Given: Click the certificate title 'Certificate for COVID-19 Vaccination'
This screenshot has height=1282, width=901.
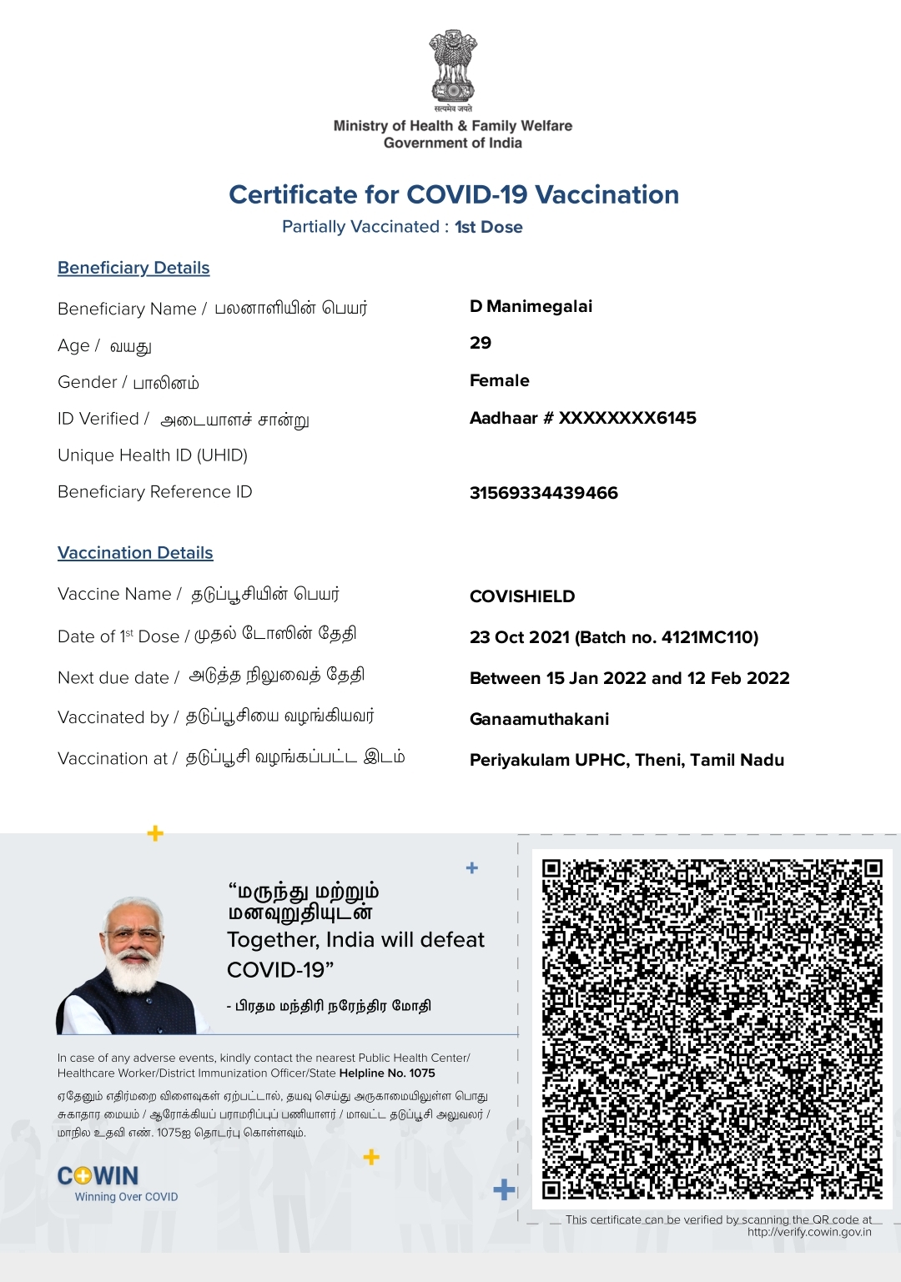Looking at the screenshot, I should pos(454,194).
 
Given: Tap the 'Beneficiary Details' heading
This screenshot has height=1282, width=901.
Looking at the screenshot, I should pos(133,268).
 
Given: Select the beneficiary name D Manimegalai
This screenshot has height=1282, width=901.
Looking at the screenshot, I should pos(531,306).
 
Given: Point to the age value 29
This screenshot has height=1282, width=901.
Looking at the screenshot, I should pos(481,343).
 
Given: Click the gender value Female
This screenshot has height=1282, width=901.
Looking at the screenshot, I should pos(499,380).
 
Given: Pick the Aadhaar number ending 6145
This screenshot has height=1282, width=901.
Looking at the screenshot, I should pos(582,418).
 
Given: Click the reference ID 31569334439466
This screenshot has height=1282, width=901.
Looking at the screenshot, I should pos(543,493).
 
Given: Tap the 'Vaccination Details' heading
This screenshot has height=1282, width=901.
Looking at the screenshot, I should pos(135,553).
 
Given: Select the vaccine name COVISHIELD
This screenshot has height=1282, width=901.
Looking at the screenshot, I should pos(522,596).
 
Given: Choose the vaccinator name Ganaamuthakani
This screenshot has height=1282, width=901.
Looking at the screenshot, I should pos(539,719).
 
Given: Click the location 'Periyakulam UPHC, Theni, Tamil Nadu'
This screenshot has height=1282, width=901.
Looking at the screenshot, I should pos(627,760).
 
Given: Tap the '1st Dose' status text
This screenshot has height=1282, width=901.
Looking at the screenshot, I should pos(489,227).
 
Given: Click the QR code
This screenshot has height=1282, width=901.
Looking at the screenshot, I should pos(712,1028).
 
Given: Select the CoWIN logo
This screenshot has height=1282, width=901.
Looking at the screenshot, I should pos(98,1176).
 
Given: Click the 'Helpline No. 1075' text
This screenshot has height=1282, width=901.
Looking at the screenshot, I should pos(387,1073).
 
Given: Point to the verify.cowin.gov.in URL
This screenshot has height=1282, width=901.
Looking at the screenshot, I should pos(809,1232).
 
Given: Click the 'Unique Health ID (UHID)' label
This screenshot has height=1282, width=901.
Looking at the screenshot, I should pos(153,455).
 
